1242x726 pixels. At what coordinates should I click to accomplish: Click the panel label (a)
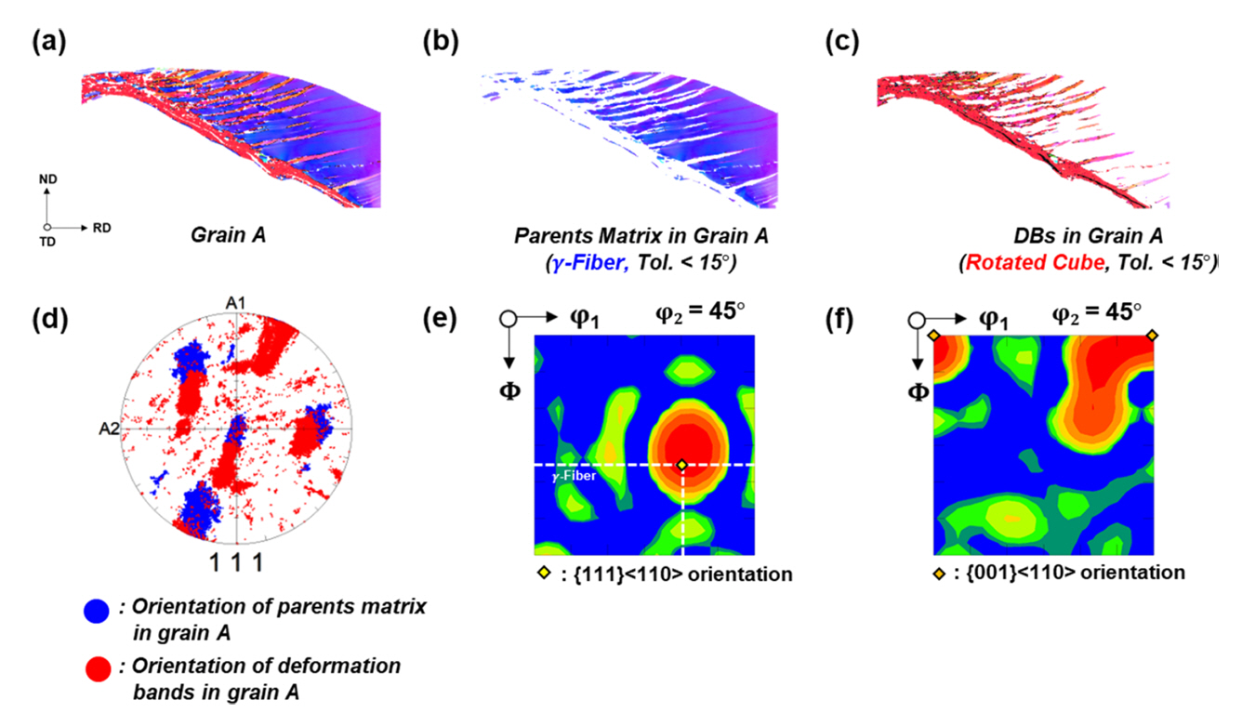(x=47, y=42)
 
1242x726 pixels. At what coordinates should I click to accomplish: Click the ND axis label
(x=46, y=185)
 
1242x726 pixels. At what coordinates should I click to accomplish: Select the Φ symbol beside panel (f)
(x=918, y=392)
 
